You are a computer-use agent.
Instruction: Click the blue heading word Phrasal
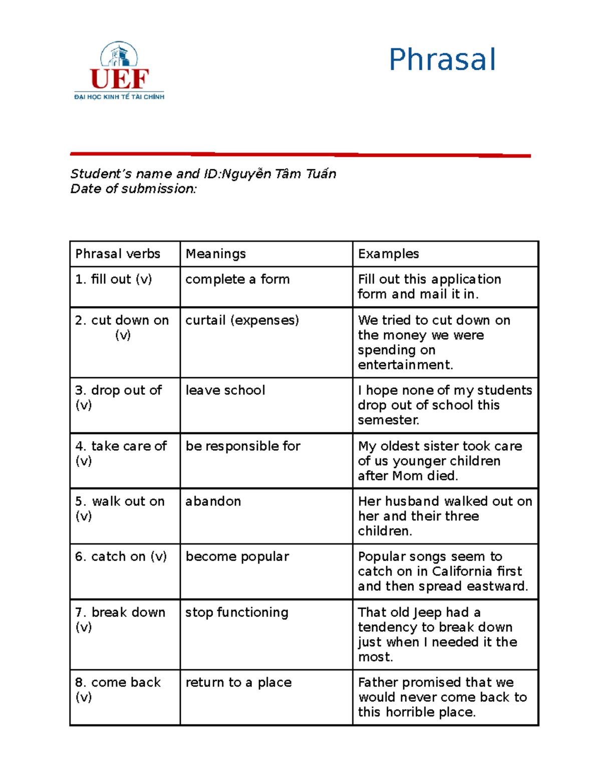click(x=442, y=60)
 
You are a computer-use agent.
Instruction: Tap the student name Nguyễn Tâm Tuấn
click(x=278, y=174)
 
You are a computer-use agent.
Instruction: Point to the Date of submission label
click(x=133, y=189)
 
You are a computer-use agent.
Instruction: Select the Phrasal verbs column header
click(x=118, y=254)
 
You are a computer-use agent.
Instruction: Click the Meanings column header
click(x=215, y=254)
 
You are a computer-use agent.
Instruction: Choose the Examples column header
click(x=388, y=254)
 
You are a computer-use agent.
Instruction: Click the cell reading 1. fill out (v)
click(x=114, y=280)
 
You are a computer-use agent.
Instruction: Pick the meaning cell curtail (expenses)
click(x=242, y=320)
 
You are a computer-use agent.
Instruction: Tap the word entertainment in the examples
click(x=405, y=365)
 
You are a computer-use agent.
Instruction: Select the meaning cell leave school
click(x=225, y=390)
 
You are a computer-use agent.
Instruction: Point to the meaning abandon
click(x=213, y=501)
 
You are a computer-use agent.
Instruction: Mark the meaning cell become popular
click(x=237, y=557)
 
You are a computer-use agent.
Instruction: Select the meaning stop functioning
click(x=237, y=612)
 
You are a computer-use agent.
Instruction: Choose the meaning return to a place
click(x=238, y=682)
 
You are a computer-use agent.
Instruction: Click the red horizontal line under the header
click(x=300, y=155)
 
